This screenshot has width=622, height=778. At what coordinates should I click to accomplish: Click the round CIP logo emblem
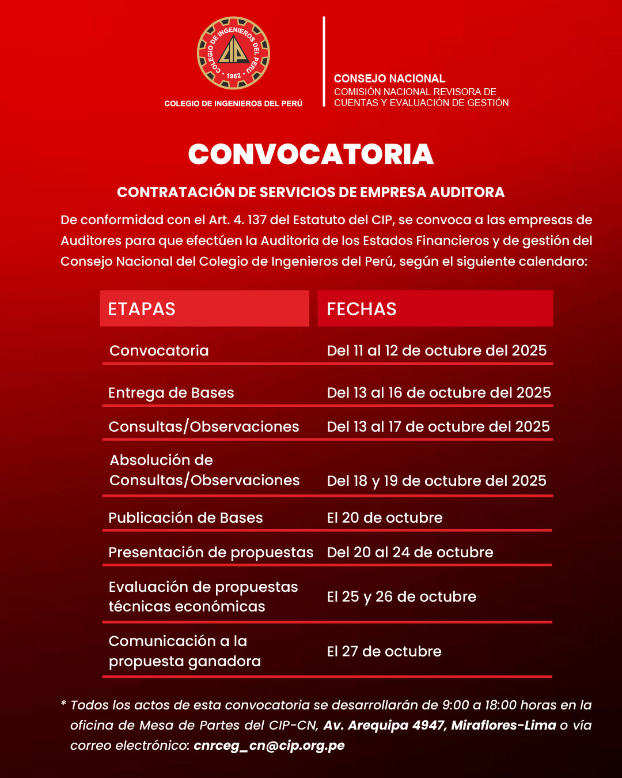pos(233,53)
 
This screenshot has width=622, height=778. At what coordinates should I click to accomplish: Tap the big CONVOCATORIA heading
pos(311,154)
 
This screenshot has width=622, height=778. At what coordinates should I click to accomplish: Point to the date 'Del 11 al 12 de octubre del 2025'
pos(437,350)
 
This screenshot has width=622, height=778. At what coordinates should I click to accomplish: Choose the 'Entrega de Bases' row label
pos(171,392)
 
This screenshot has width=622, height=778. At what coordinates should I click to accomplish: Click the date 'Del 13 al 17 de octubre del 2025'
pos(438,426)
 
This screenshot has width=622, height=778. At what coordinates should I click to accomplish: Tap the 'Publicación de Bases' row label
pos(185,518)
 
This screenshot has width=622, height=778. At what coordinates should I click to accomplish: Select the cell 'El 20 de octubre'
pos(385,518)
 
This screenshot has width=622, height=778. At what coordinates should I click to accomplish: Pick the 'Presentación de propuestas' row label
pos(211,552)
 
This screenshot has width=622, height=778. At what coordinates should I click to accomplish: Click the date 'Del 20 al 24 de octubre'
pos(410,552)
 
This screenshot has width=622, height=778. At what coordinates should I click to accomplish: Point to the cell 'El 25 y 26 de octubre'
pos(401,596)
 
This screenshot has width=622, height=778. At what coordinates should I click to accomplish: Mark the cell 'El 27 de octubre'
pos(384,651)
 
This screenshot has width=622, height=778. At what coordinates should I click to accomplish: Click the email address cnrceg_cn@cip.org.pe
pos(269,745)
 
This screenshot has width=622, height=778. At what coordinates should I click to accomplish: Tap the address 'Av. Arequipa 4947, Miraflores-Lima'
pos(439,725)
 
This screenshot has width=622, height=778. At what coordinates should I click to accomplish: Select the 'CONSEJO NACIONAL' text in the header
pos(389,78)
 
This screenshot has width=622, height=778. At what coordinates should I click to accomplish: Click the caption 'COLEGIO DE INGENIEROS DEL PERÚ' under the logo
pos(233,104)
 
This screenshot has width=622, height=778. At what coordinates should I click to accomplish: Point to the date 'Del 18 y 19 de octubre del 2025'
pos(437,481)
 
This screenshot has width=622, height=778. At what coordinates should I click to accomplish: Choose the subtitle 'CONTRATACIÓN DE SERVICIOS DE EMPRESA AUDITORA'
pos(311,192)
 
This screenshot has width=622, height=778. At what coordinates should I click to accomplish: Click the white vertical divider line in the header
pos(324,62)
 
